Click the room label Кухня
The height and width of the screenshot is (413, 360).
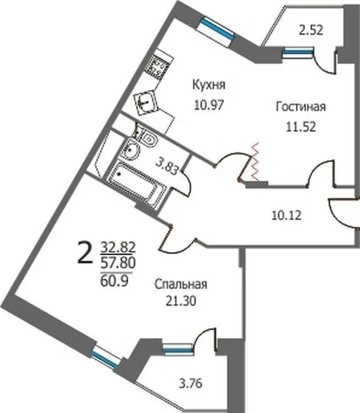(209, 85)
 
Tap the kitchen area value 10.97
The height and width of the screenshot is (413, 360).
(209, 105)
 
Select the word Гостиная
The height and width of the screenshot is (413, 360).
(301, 107)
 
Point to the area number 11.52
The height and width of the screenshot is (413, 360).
(301, 127)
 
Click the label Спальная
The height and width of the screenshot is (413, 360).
(181, 284)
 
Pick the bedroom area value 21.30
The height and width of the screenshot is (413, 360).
(181, 301)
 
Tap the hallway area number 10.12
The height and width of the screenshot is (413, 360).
(286, 216)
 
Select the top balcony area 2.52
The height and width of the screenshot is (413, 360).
(311, 30)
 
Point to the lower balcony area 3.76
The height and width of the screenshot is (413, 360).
(191, 383)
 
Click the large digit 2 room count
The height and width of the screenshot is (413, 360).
(85, 253)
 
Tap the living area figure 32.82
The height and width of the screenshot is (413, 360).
(118, 247)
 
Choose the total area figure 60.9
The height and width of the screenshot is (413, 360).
(114, 280)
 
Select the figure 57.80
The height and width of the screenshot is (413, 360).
(118, 263)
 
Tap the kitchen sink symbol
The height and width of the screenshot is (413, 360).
(145, 102)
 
